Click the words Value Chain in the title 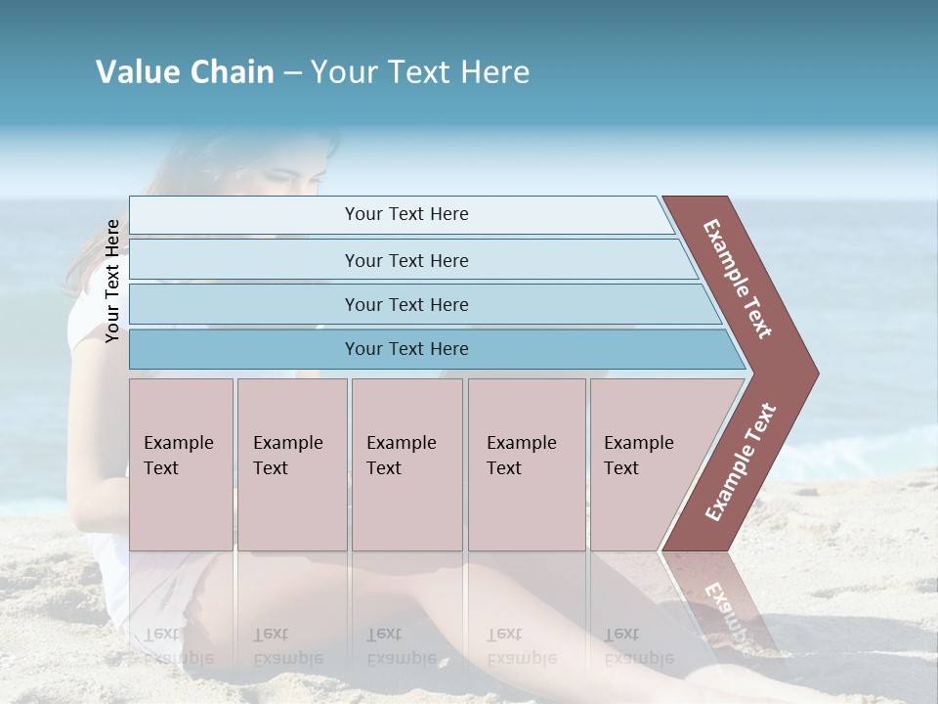pos(185,72)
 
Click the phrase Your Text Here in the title pos(420,72)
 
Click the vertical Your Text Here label pos(113,281)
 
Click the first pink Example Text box pos(181,464)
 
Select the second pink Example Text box pos(292,464)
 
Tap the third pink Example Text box pos(406,464)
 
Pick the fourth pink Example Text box pos(527,464)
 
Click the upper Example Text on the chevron pos(738,279)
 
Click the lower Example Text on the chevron pos(741,462)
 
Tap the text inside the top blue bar pos(406,214)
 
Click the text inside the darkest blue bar pos(406,349)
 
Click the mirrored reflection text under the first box pos(163,645)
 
